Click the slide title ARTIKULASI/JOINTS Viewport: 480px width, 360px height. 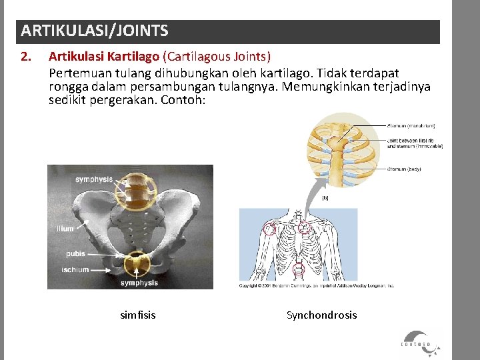coord(95,31)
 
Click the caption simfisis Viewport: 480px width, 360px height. coord(137,315)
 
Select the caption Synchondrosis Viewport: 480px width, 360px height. coord(321,315)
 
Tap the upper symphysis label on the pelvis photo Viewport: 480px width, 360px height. coord(94,179)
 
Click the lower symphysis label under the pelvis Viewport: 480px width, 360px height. coord(139,283)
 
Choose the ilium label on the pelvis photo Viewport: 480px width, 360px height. coord(65,229)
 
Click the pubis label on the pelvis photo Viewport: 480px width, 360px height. coord(75,254)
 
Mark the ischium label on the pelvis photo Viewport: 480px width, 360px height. coord(75,269)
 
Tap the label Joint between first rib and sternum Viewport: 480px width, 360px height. coord(415,143)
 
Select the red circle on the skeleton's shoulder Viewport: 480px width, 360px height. coord(269,229)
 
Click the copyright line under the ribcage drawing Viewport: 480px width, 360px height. coord(317,285)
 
